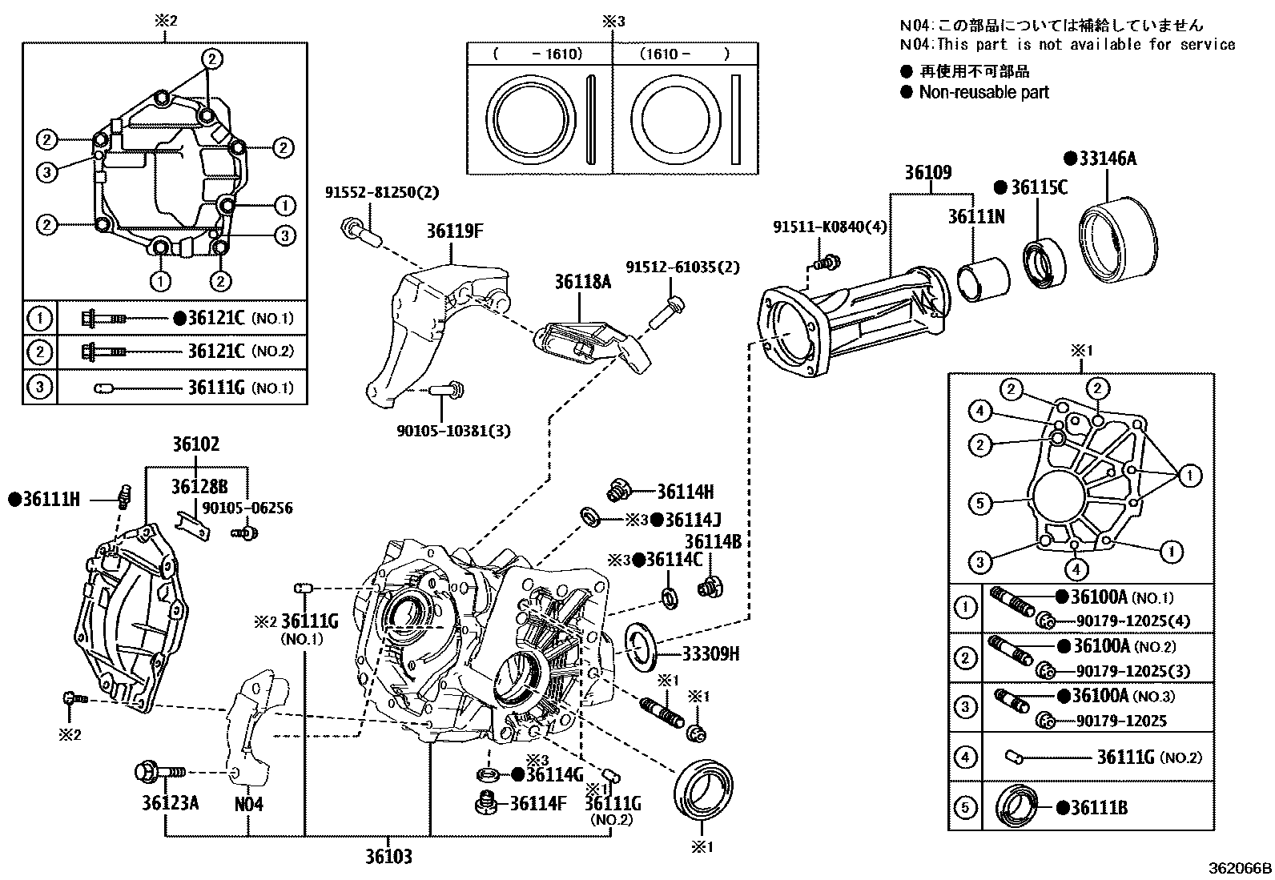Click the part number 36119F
coord(454,231)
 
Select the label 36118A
coord(582,282)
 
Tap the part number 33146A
coord(1107,159)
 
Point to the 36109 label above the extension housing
coord(928,172)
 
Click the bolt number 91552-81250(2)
coord(382,193)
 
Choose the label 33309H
coord(710,654)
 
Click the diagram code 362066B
coord(1240,868)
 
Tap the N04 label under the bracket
coord(248,802)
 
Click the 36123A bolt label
coord(171,802)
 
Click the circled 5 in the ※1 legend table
coord(965,807)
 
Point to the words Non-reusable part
coord(983,92)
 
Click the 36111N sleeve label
coord(976,217)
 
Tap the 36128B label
coord(199,486)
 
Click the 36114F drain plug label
coord(538,802)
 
